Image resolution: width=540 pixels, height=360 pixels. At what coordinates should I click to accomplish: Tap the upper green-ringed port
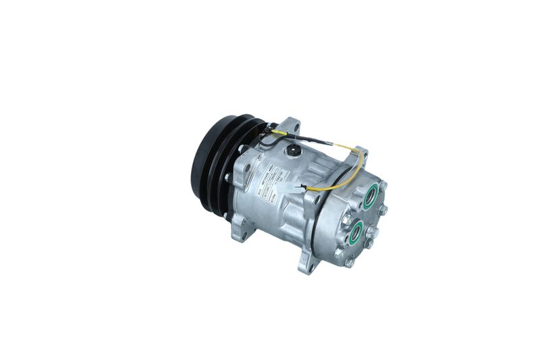point(369,199)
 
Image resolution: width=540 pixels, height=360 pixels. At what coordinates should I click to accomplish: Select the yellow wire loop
point(351,169)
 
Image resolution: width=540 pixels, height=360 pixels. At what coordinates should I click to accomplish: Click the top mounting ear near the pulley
point(290,126)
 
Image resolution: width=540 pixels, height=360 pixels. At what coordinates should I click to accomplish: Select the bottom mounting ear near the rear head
point(305,262)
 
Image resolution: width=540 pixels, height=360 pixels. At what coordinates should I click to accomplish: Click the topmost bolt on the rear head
point(383,184)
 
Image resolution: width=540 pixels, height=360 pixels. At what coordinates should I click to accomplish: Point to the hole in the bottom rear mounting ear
point(304,266)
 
